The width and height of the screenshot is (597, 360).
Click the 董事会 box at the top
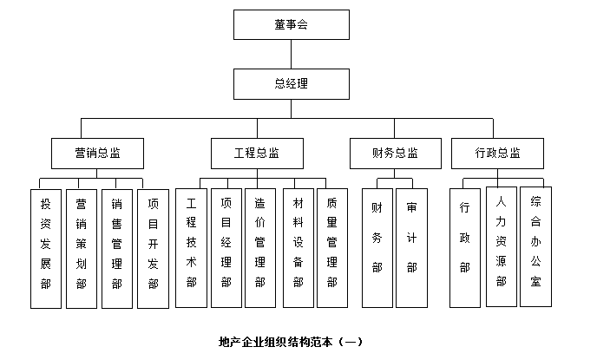291,24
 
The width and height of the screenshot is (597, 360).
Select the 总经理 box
291,83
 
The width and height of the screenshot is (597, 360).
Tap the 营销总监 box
97,153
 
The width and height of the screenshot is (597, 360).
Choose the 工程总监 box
257,153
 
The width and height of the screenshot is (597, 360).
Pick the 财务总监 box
396,153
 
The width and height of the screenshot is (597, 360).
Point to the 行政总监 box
497,153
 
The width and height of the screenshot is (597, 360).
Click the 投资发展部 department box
46,247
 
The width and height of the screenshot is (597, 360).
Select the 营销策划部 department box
82,247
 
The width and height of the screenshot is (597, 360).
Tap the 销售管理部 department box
117,247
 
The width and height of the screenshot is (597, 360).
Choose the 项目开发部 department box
153,247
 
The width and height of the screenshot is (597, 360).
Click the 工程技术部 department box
191,247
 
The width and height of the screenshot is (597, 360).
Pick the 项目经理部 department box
226,247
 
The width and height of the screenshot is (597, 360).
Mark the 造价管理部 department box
260,247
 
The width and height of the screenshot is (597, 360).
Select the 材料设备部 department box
298,247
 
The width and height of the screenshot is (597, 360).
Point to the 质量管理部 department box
332,247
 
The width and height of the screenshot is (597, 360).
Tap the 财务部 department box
377,247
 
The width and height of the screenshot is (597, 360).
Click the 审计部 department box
412,247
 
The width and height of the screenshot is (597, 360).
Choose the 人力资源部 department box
501,247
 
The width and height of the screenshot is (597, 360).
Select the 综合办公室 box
536,245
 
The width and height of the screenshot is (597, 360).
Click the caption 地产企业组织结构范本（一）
292,341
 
